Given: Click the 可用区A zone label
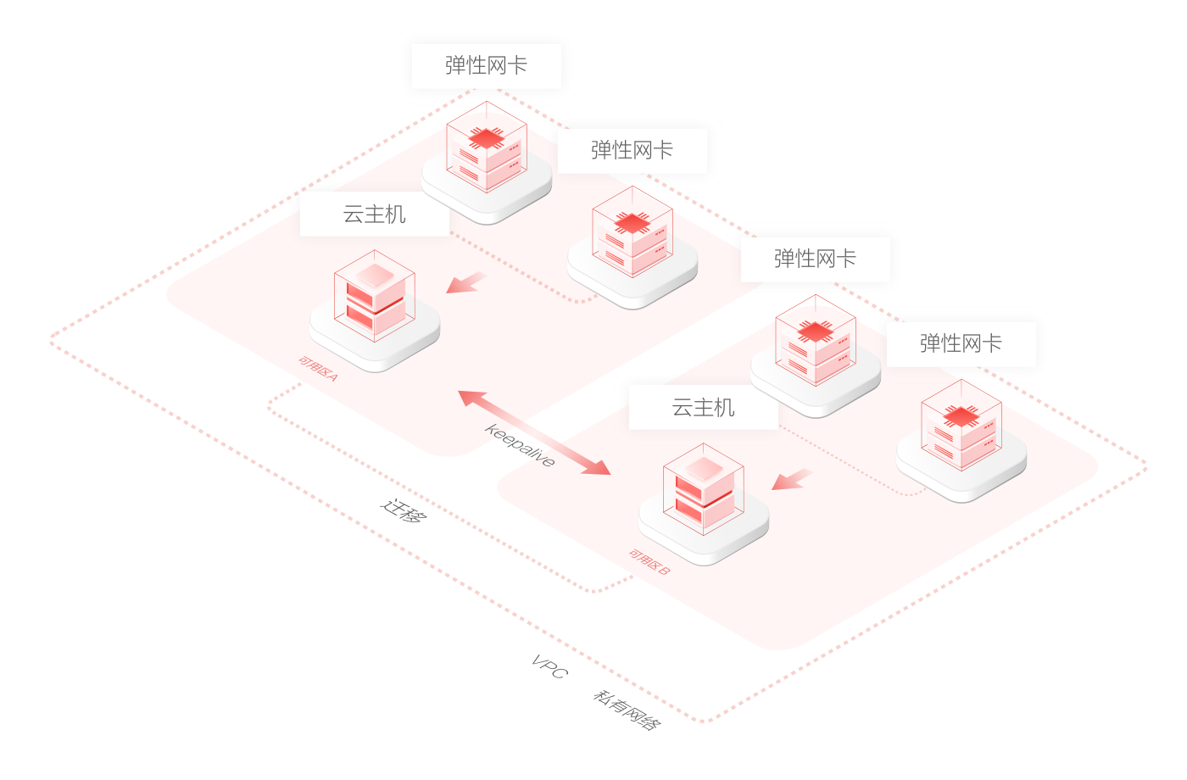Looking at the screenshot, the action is pyautogui.click(x=318, y=368).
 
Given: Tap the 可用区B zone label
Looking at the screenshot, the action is pyautogui.click(x=649, y=562).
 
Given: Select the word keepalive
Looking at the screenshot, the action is pyautogui.click(x=520, y=445).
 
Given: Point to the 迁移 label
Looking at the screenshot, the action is pyautogui.click(x=404, y=510).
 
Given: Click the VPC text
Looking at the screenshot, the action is pyautogui.click(x=550, y=666).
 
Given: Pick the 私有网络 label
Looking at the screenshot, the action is pyautogui.click(x=627, y=710).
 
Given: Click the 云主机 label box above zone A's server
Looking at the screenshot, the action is pyautogui.click(x=375, y=214).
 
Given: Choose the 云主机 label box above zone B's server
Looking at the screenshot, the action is pyautogui.click(x=704, y=408).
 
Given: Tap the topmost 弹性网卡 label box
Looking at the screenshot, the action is pyautogui.click(x=487, y=66).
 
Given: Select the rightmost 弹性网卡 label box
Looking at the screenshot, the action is pyautogui.click(x=961, y=343).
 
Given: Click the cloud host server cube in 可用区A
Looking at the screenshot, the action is pyautogui.click(x=375, y=296).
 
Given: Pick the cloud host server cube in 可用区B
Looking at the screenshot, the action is pyautogui.click(x=704, y=489).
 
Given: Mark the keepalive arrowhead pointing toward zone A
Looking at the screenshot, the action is pyautogui.click(x=471, y=398).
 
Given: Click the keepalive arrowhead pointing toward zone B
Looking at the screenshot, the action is pyautogui.click(x=598, y=467).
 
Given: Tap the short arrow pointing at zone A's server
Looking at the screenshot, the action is pyautogui.click(x=465, y=282).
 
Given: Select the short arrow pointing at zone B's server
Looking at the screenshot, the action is pyautogui.click(x=791, y=479).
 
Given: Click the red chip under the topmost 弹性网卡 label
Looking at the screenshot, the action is pyautogui.click(x=487, y=138).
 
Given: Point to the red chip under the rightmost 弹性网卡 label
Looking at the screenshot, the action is pyautogui.click(x=961, y=416).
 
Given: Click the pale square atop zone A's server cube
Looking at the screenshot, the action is pyautogui.click(x=375, y=275).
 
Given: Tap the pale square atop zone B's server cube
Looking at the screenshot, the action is pyautogui.click(x=704, y=468).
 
